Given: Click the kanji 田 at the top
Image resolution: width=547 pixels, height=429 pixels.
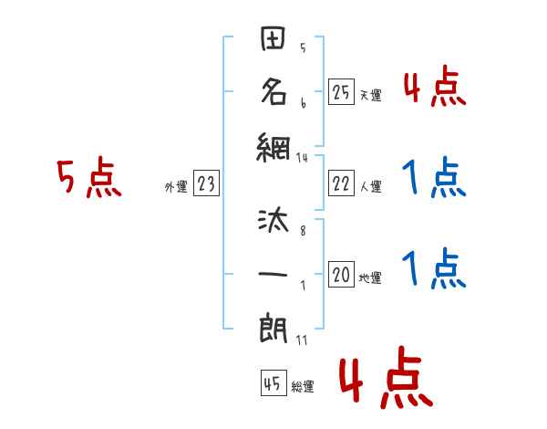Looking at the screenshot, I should pyautogui.click(x=273, y=41).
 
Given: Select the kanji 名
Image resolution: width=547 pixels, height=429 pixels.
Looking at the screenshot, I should pyautogui.click(x=273, y=92).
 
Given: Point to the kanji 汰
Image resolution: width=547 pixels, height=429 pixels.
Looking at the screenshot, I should pyautogui.click(x=273, y=222).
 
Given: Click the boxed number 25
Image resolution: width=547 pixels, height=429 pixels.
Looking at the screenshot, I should pyautogui.click(x=341, y=91).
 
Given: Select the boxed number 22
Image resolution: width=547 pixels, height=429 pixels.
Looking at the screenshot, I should pyautogui.click(x=341, y=184).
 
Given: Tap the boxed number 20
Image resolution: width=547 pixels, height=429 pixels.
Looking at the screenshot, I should pyautogui.click(x=341, y=275).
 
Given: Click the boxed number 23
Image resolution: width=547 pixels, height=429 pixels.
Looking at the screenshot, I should pyautogui.click(x=206, y=184).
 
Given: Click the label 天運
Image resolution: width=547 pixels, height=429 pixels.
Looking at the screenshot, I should pyautogui.click(x=370, y=95).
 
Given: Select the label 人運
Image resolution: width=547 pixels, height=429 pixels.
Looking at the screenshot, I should pyautogui.click(x=370, y=187).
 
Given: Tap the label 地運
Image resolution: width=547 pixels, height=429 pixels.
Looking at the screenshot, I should pyautogui.click(x=370, y=277).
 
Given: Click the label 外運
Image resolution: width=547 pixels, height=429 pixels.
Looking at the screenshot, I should pyautogui.click(x=176, y=187).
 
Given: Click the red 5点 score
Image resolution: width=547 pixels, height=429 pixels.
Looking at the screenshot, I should pyautogui.click(x=88, y=177).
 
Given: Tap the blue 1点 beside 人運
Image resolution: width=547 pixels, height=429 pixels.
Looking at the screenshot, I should pyautogui.click(x=433, y=178).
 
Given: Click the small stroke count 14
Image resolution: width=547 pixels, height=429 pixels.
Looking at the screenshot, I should pyautogui.click(x=303, y=157).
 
